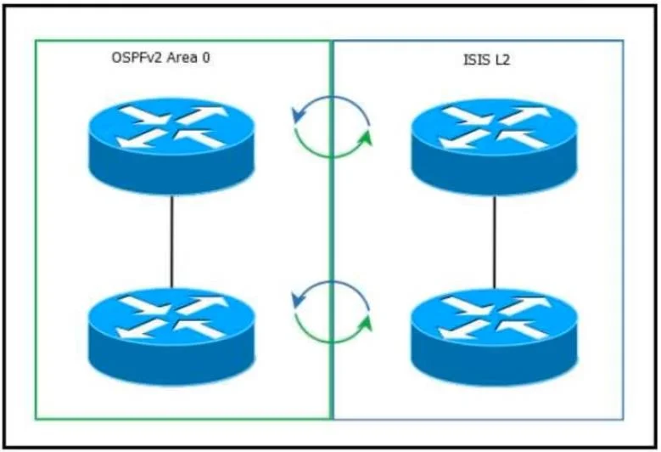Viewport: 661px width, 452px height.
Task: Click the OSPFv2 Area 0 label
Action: (x=160, y=58)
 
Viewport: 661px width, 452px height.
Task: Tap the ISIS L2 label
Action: (x=487, y=59)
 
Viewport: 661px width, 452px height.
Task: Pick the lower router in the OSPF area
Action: (x=171, y=336)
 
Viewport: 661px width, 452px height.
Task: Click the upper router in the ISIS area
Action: (x=494, y=147)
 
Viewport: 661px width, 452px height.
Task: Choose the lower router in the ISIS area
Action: (x=494, y=336)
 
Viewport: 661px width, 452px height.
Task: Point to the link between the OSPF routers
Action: (x=171, y=242)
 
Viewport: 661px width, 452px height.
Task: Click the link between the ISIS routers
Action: (x=495, y=242)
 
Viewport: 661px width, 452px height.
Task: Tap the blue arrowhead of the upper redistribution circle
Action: (x=298, y=116)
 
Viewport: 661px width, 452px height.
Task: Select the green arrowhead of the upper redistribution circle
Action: (x=367, y=138)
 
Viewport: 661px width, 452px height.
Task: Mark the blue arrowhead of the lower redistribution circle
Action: (x=298, y=300)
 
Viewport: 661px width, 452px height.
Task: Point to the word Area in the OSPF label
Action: (x=182, y=58)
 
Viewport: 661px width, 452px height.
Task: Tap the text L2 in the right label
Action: (x=503, y=59)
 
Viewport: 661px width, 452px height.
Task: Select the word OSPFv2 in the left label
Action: (x=137, y=58)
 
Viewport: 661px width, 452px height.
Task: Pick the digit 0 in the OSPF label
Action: (x=205, y=58)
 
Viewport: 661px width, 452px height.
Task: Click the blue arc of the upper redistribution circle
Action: (x=333, y=97)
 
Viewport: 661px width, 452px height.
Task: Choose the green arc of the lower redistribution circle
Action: (x=331, y=342)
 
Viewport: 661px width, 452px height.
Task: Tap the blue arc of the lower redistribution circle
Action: (x=333, y=281)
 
